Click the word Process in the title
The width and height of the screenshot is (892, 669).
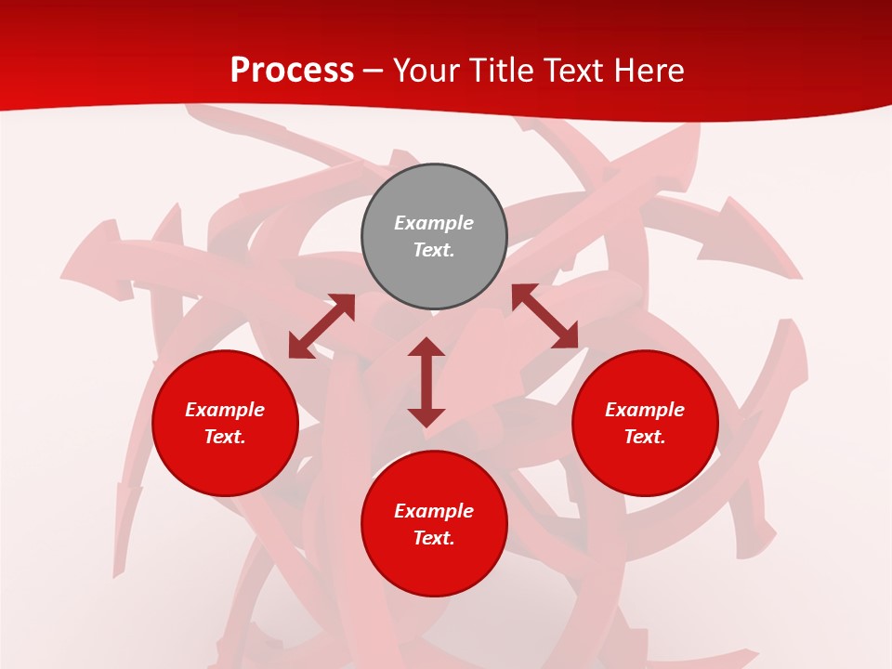292,71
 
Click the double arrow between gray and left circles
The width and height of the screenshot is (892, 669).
321,326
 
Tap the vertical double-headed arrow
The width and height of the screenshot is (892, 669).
426,382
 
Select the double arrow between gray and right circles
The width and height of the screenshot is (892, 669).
544,317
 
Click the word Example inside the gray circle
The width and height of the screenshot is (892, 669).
434,223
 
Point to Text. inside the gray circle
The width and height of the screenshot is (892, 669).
434,250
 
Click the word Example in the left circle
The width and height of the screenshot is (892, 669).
225,410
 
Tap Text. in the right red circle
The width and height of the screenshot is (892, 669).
645,437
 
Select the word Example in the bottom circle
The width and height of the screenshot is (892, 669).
434,511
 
